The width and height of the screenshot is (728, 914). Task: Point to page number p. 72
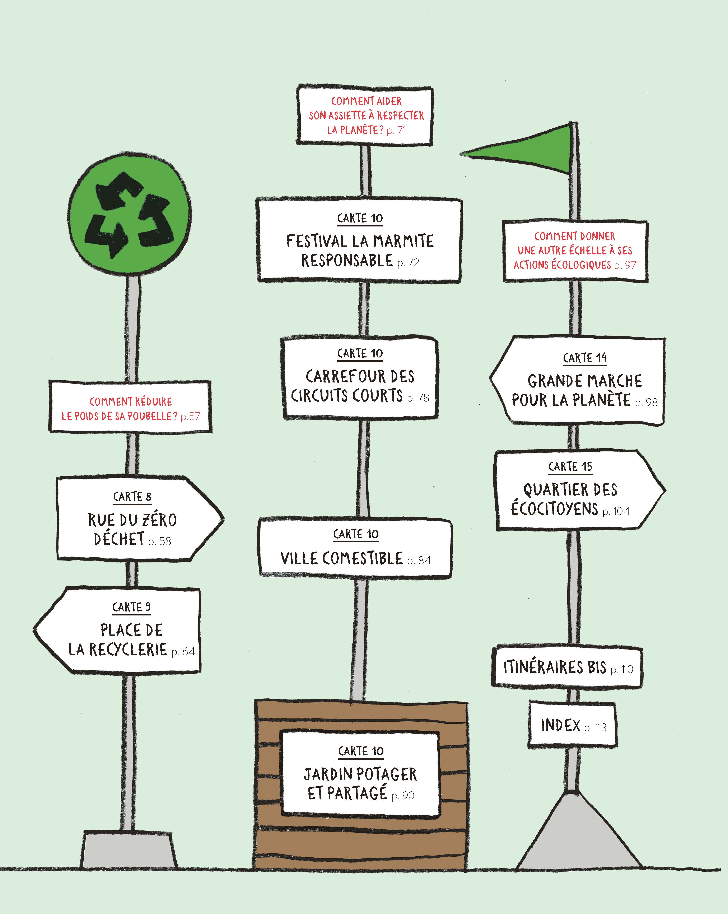(x=408, y=263)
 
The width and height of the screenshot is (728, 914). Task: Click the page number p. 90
(x=403, y=795)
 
